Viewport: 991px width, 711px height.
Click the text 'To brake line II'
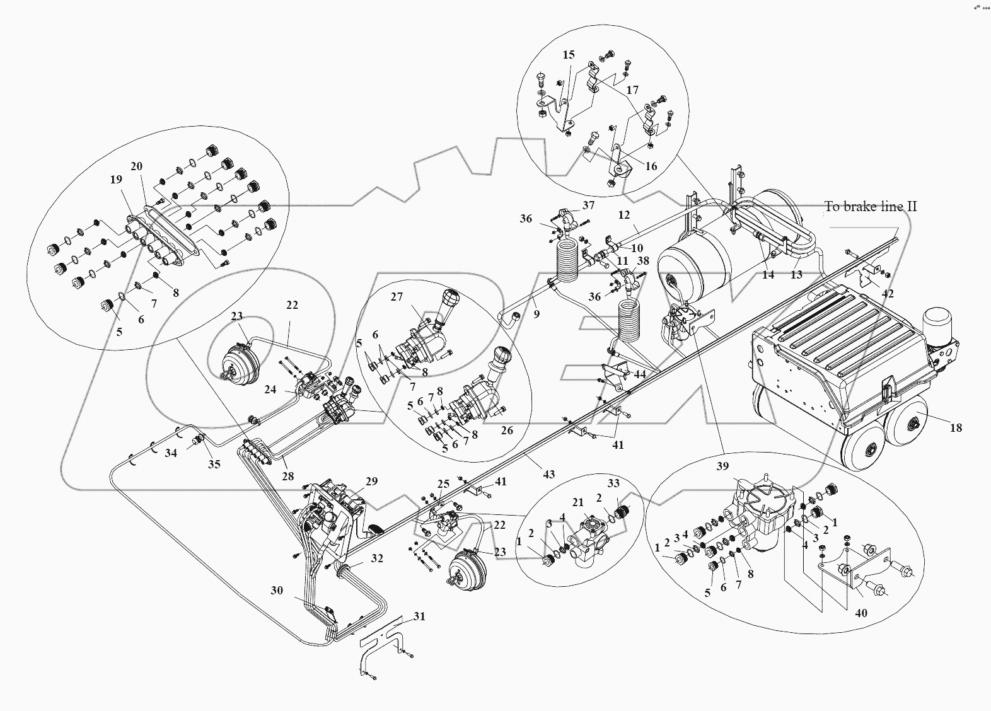[x=871, y=207]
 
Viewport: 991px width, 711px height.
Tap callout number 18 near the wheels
[x=956, y=427]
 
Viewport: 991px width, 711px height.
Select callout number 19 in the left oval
[x=116, y=179]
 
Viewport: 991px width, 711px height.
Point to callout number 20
[x=136, y=166]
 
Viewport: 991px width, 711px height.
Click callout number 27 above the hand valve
[x=397, y=296]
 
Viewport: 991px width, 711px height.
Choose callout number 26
[x=507, y=430]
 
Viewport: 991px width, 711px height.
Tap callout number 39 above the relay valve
[x=722, y=466]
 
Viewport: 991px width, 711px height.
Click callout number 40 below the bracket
[x=861, y=613]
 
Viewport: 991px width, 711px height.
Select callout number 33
[x=613, y=483]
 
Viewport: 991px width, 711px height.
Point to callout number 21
[x=578, y=502]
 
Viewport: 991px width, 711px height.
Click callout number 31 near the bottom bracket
[x=419, y=616]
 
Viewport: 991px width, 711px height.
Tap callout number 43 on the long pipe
[x=548, y=474]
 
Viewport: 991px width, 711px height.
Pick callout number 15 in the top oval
[x=569, y=54]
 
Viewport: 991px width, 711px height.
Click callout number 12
[x=624, y=214]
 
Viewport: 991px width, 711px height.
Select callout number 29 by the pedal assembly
[x=372, y=482]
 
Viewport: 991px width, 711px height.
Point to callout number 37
[x=588, y=205]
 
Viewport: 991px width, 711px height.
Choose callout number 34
[x=171, y=453]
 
